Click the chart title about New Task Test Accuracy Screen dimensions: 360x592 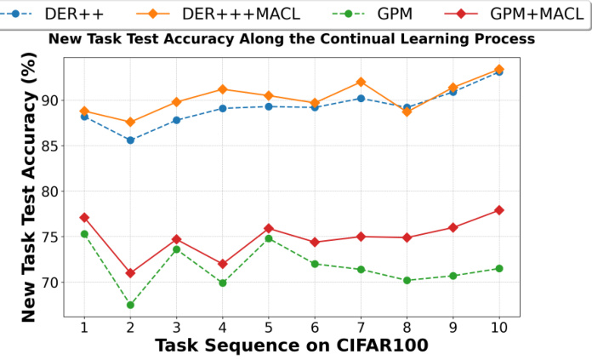[x=291, y=39]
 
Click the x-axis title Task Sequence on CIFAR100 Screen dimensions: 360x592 [x=291, y=346]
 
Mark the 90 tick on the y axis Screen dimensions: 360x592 [x=48, y=100]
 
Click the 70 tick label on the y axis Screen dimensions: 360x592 [x=48, y=282]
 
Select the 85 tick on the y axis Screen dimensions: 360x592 [x=48, y=146]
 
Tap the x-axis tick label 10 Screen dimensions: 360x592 [x=498, y=326]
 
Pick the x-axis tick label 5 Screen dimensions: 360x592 [x=268, y=326]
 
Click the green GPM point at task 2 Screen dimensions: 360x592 [x=130, y=305]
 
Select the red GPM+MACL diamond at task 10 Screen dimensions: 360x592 [x=498, y=210]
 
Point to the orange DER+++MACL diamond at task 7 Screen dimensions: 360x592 [x=361, y=82]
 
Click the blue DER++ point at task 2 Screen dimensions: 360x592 [x=130, y=140]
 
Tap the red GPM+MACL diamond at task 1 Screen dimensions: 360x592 [x=84, y=217]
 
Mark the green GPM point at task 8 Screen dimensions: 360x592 [x=407, y=280]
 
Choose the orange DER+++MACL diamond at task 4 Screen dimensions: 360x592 [x=222, y=89]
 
